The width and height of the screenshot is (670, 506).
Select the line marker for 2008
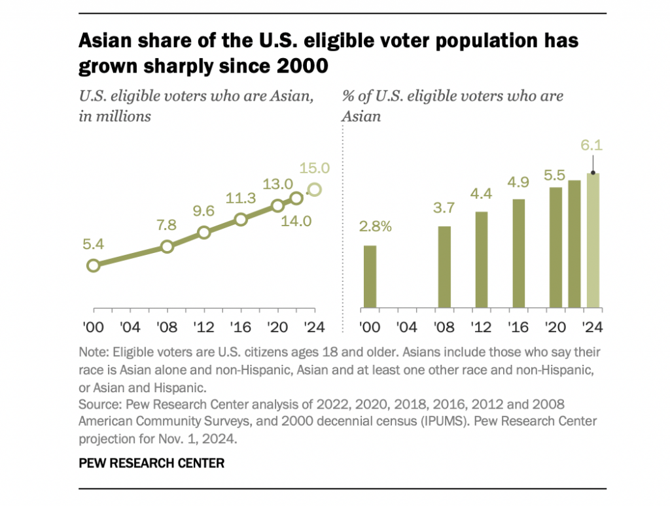pos(167,246)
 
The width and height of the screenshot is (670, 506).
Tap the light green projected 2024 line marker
pos(314,190)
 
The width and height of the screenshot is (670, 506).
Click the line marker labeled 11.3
pos(241,220)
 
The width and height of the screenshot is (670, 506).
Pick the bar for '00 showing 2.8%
pos(370,277)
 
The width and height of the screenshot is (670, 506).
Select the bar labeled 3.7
pos(444,267)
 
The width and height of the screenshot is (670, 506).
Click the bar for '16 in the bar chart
pos(519,253)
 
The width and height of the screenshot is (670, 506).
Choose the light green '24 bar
pos(593,241)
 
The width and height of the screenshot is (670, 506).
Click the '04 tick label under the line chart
pos(130,326)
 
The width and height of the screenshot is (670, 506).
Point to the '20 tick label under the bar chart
pos(555,326)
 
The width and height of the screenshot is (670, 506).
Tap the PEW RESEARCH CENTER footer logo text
pos(151,463)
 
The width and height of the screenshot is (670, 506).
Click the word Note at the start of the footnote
pos(90,351)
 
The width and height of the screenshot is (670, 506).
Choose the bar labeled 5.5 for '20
pos(555,247)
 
